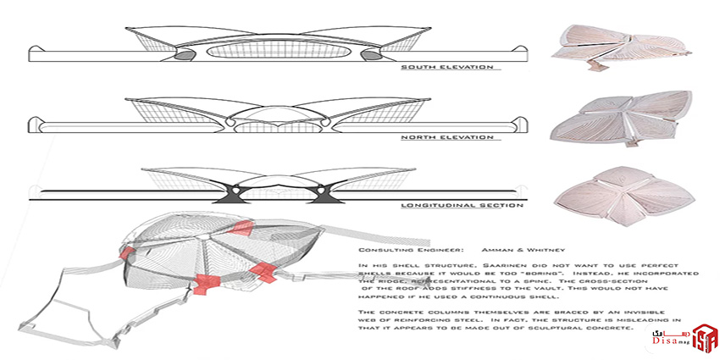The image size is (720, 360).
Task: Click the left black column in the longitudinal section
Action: (x=230, y=193)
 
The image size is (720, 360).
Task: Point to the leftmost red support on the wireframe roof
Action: (x=128, y=253)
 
